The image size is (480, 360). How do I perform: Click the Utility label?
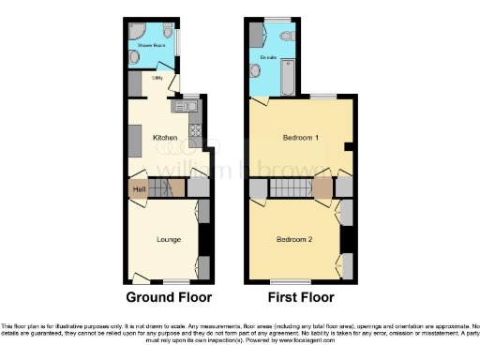(x=158, y=79)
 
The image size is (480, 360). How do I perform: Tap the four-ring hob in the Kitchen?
(x=194, y=127)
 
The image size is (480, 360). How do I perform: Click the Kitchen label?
(x=165, y=138)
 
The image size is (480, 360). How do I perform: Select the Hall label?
(x=139, y=189)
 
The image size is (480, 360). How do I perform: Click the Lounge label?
(x=169, y=240)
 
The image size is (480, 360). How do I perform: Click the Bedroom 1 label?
(x=301, y=138)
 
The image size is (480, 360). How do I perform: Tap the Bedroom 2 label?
(x=293, y=240)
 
